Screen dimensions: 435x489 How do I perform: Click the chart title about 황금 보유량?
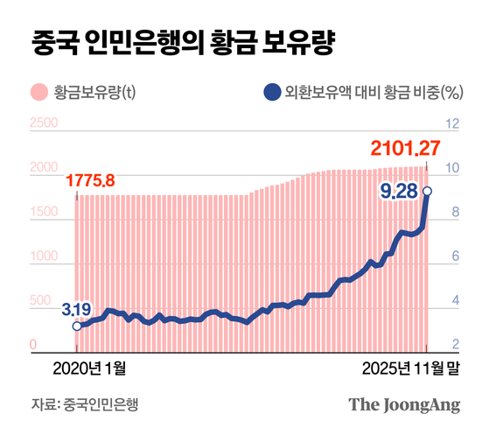(182, 41)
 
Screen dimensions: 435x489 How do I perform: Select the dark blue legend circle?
(272, 91)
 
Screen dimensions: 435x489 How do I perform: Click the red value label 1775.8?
(89, 182)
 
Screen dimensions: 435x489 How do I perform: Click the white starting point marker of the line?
(77, 326)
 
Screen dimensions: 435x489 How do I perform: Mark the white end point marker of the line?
(427, 191)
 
